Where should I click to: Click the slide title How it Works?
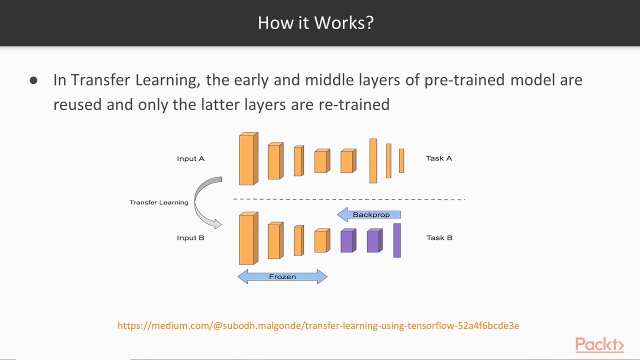pos(315,23)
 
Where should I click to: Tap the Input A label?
pos(190,158)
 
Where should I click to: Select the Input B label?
pos(190,237)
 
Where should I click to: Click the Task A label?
pos(438,158)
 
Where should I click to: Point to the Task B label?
pos(439,237)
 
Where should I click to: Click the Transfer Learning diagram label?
pos(158,202)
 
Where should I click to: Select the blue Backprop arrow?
pos(369,215)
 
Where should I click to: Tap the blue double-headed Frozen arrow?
pos(282,276)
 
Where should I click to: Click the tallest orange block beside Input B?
pos(247,239)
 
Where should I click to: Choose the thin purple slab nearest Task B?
pos(397,240)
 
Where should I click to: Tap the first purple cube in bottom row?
pos(347,241)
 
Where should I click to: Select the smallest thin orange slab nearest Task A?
pos(401,161)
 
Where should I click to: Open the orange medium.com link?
pos(318,326)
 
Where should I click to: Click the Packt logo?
pos(599,345)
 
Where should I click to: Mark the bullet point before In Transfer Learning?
pos(33,80)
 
